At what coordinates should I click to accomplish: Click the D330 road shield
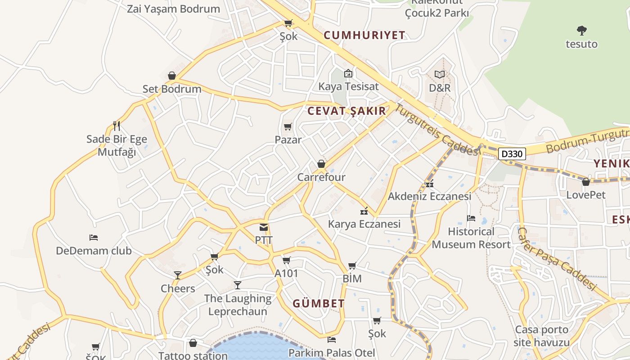point(512,154)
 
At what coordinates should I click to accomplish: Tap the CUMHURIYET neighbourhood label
point(364,35)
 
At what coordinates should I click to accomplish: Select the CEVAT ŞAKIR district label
point(346,111)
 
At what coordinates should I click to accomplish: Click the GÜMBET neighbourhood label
point(319,303)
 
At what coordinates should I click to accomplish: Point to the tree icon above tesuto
point(582,31)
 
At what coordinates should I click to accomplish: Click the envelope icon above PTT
point(264,227)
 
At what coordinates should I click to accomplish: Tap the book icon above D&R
point(440,74)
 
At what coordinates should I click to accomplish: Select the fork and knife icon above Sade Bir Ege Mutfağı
point(117,126)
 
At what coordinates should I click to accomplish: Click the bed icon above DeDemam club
point(94,237)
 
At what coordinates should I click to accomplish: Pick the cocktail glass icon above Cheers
point(178,275)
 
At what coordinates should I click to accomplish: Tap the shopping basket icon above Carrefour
point(321,164)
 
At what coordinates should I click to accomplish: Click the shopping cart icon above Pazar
point(288,126)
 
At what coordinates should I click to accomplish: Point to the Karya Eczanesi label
point(364,224)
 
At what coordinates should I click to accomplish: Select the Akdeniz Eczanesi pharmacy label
point(429,196)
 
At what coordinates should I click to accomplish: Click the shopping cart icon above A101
point(286,260)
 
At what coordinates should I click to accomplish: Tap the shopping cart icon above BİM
point(352,265)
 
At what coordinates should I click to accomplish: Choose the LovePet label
point(586,195)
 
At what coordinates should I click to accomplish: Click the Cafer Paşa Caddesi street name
point(557,259)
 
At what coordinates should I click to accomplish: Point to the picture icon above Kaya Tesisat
point(348,73)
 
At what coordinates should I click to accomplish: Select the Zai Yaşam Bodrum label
point(173,9)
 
